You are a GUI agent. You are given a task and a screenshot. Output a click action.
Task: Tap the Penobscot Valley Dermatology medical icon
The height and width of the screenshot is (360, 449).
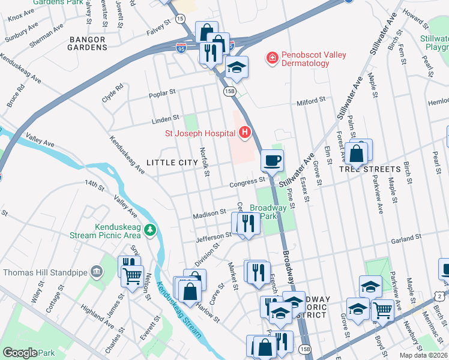pos(273,58)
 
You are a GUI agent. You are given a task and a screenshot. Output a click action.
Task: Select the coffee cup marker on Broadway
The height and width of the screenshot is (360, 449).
pos(272,160)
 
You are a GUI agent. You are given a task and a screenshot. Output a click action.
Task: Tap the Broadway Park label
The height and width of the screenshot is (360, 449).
pos(268,211)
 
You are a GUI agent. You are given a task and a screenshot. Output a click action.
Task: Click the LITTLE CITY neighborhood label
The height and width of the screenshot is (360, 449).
pos(172,163)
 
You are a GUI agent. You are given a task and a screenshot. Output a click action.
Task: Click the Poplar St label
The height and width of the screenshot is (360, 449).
pos(163,93)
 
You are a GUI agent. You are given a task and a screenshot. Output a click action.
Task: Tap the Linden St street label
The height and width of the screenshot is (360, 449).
pos(167,118)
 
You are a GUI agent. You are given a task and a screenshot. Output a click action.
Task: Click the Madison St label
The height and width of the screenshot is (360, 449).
pos(209,214)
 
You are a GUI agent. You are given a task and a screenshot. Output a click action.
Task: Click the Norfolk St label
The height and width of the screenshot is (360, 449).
pos(204,162)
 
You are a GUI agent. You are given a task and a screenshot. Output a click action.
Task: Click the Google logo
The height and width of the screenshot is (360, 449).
pos(20,353)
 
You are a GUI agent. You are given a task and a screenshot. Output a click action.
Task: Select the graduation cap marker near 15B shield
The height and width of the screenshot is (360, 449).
pos(237,67)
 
